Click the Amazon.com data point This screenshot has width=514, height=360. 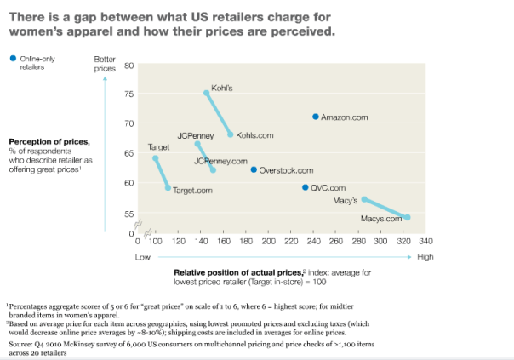(316, 117)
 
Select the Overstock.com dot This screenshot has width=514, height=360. (254, 170)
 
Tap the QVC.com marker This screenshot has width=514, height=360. (306, 187)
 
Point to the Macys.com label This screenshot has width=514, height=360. (380, 219)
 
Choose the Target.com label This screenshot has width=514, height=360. (192, 191)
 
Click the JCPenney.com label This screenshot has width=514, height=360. (220, 161)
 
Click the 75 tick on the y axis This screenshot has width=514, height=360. (129, 94)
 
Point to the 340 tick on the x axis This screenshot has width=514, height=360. (425, 242)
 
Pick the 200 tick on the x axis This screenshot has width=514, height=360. (269, 242)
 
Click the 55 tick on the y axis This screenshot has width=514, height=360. (129, 214)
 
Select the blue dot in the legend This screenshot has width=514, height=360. (12, 57)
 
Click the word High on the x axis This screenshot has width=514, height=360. (425, 257)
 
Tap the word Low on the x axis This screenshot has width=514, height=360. (143, 257)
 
